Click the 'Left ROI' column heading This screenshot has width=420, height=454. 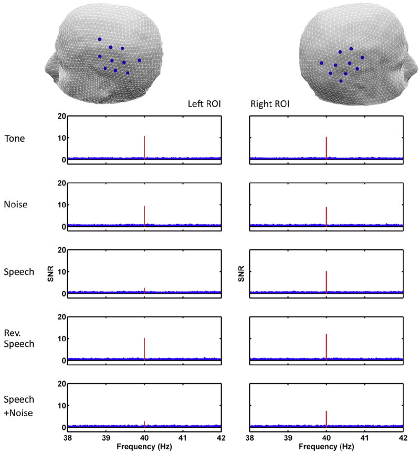pyautogui.click(x=205, y=104)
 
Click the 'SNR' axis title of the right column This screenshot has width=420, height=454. pyautogui.click(x=239, y=273)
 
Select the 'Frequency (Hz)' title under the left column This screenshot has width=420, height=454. pyautogui.click(x=144, y=447)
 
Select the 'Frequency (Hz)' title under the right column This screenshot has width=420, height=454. pyautogui.click(x=327, y=447)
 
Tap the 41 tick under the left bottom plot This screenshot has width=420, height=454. pyautogui.click(x=182, y=437)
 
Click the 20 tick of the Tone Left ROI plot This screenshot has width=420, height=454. pyautogui.click(x=62, y=116)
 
